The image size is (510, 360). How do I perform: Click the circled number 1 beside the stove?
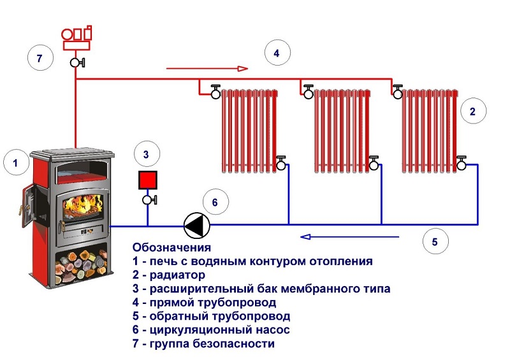pos(16,164)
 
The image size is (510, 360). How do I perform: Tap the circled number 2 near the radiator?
pos(472,112)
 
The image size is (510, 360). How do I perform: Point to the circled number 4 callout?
pos(276,54)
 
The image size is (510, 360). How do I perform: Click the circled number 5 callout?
pos(435,242)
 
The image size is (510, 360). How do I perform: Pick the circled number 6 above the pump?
pos(215,203)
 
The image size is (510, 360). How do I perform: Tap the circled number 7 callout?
pos(40,59)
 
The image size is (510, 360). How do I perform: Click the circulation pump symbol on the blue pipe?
pos(194,224)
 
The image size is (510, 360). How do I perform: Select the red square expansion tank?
pos(148,179)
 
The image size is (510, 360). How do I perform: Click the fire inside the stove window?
pos(81,206)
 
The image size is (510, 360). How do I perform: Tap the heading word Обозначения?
pos(171,247)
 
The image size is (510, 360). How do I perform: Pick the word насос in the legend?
pos(274,330)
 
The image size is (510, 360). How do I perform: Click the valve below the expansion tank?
pos(149,200)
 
